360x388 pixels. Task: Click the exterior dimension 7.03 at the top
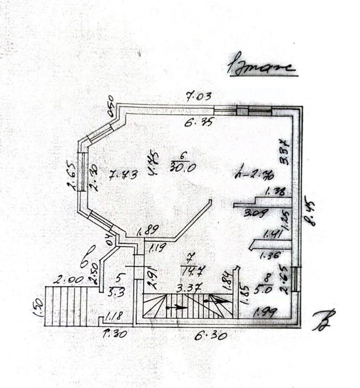199,97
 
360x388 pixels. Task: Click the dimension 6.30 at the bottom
210,335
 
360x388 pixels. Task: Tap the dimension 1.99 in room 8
265,312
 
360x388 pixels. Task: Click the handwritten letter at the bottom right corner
326,320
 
